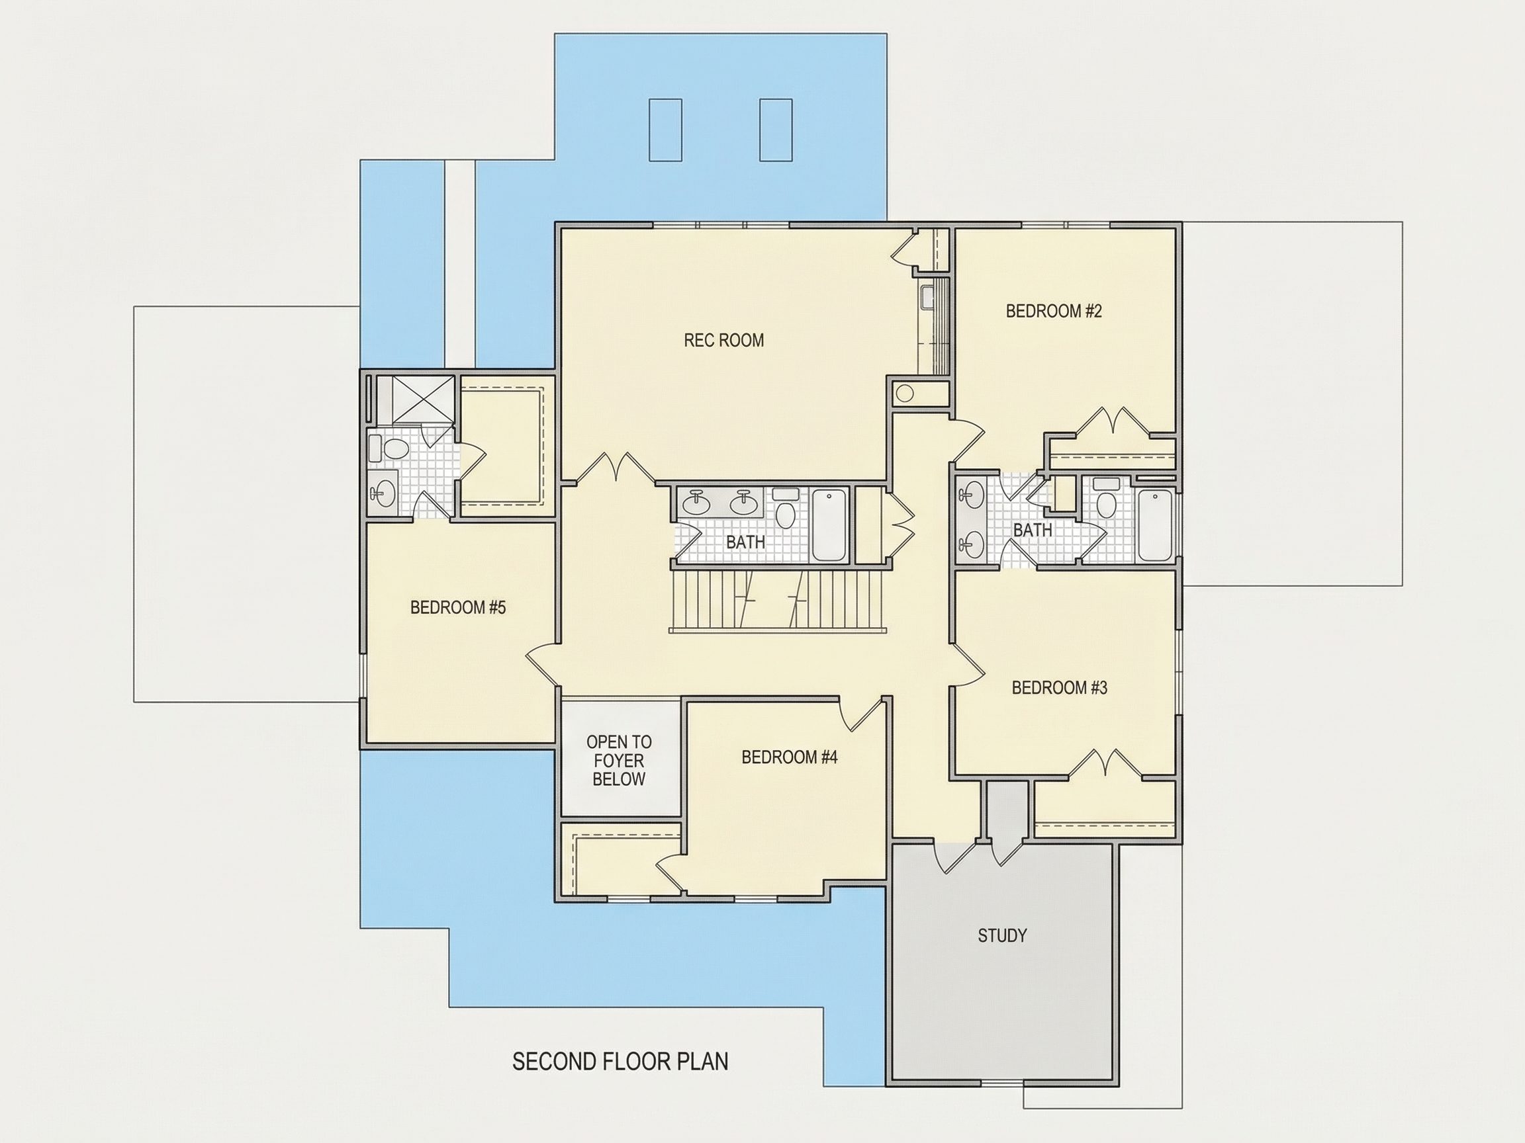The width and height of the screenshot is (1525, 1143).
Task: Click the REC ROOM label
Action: pyautogui.click(x=723, y=341)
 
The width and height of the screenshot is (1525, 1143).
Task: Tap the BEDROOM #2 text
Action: pyautogui.click(x=1054, y=312)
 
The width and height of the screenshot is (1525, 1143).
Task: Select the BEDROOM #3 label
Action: pyautogui.click(x=1059, y=688)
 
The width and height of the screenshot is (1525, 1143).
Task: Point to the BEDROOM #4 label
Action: pyautogui.click(x=790, y=757)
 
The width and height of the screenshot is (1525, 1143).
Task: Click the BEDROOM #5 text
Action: pyautogui.click(x=458, y=607)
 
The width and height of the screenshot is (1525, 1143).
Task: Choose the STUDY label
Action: pyautogui.click(x=1002, y=935)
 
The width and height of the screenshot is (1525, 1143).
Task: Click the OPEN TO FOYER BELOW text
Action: pyautogui.click(x=619, y=761)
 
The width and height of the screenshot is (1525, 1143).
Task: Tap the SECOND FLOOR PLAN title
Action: pyautogui.click(x=620, y=1062)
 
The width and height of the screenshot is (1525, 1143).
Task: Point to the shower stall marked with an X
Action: pyautogui.click(x=424, y=400)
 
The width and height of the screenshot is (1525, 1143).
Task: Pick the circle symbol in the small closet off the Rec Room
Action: pyautogui.click(x=905, y=394)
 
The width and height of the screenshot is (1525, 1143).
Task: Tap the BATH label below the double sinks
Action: pyautogui.click(x=745, y=542)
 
